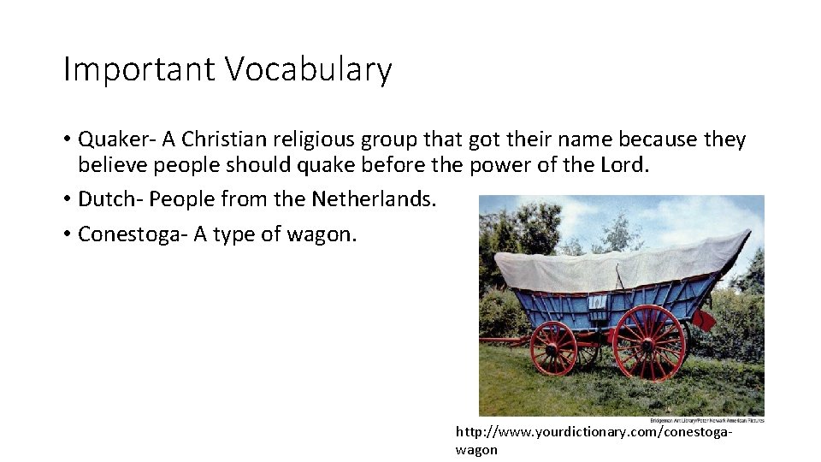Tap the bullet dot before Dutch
pyautogui.click(x=67, y=200)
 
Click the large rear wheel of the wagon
pyautogui.click(x=649, y=341)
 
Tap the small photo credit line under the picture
pyautogui.click(x=706, y=420)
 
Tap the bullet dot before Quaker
pyautogui.click(x=67, y=140)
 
